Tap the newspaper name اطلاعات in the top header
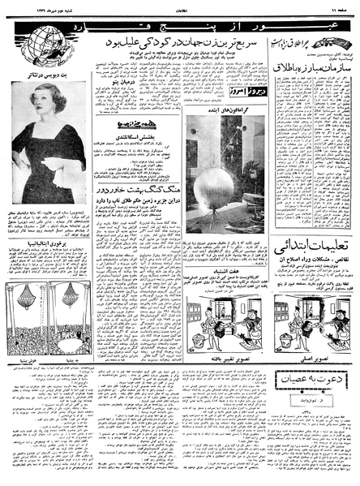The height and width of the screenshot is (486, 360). [180, 8]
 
